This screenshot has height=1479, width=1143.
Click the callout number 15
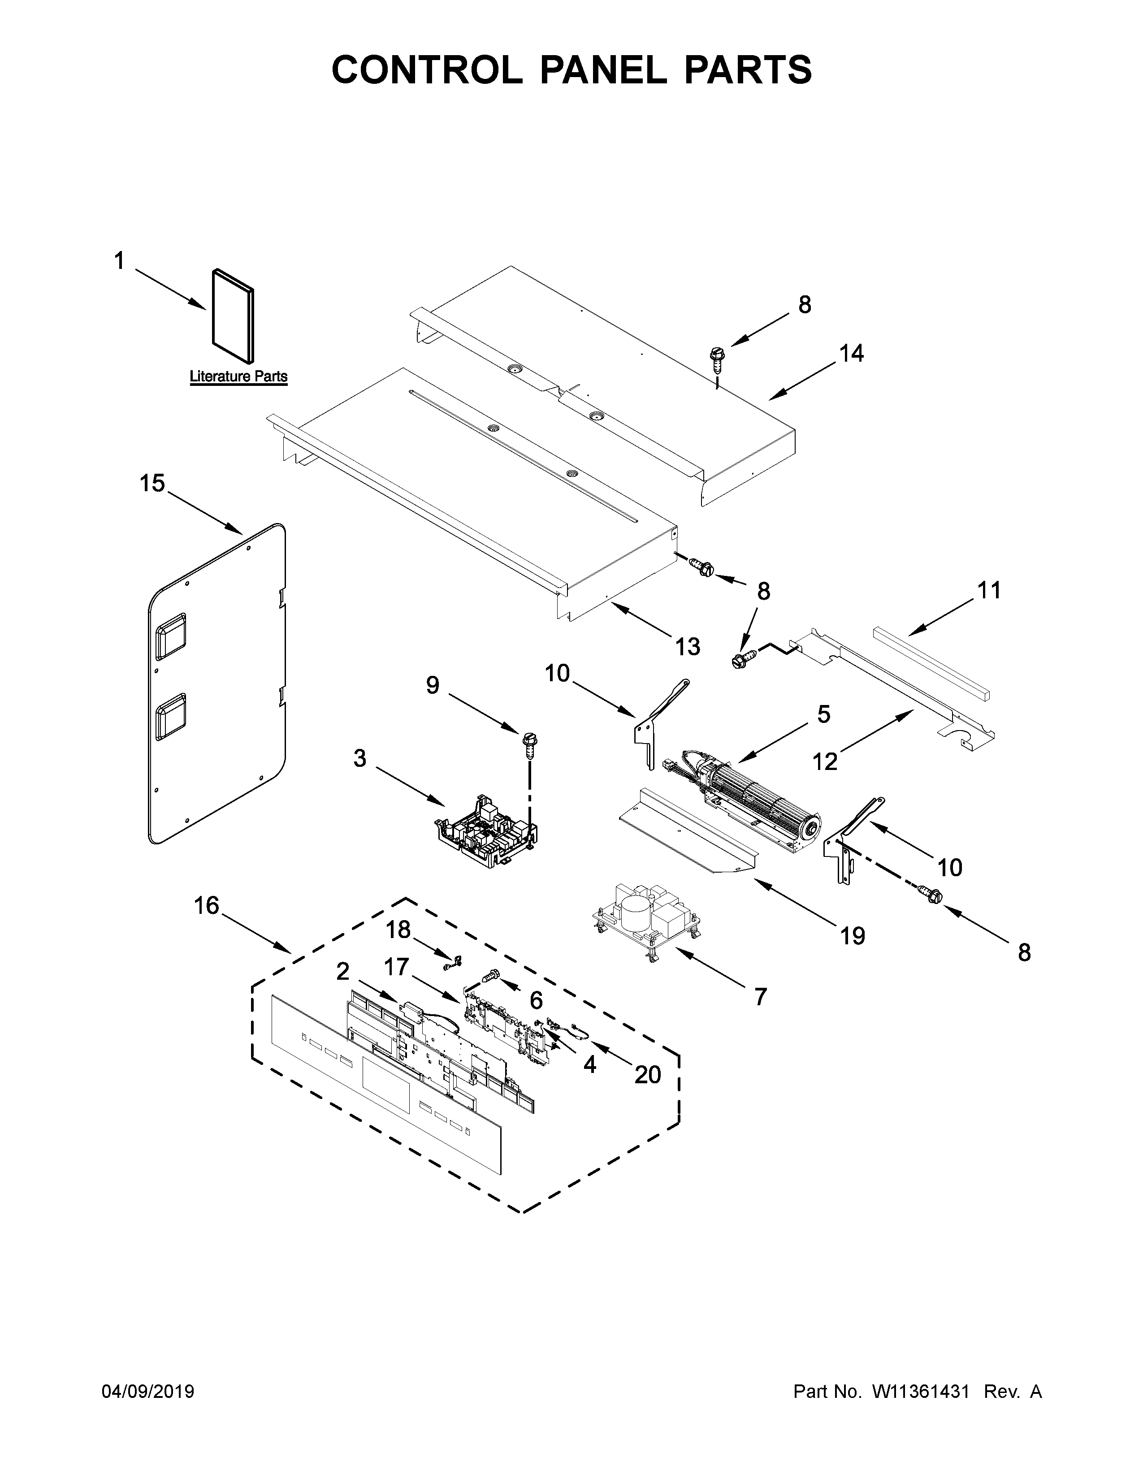(152, 484)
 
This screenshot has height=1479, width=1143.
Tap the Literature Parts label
(238, 376)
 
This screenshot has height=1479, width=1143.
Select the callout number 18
(398, 930)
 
